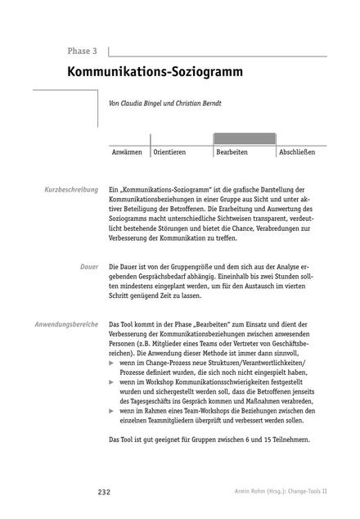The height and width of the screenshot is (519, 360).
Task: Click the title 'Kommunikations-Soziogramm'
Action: [155, 71]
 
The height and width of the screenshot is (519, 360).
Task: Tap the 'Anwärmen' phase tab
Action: [128, 152]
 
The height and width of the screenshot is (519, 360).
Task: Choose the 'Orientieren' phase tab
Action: [170, 152]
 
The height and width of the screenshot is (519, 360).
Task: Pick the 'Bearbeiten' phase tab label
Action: [232, 152]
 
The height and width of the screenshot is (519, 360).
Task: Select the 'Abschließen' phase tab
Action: [302, 152]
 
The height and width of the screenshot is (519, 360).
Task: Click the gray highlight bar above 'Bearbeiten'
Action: [243, 138]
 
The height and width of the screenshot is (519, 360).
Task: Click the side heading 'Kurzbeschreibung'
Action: [71, 189]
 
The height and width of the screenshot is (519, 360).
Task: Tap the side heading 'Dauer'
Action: [89, 268]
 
